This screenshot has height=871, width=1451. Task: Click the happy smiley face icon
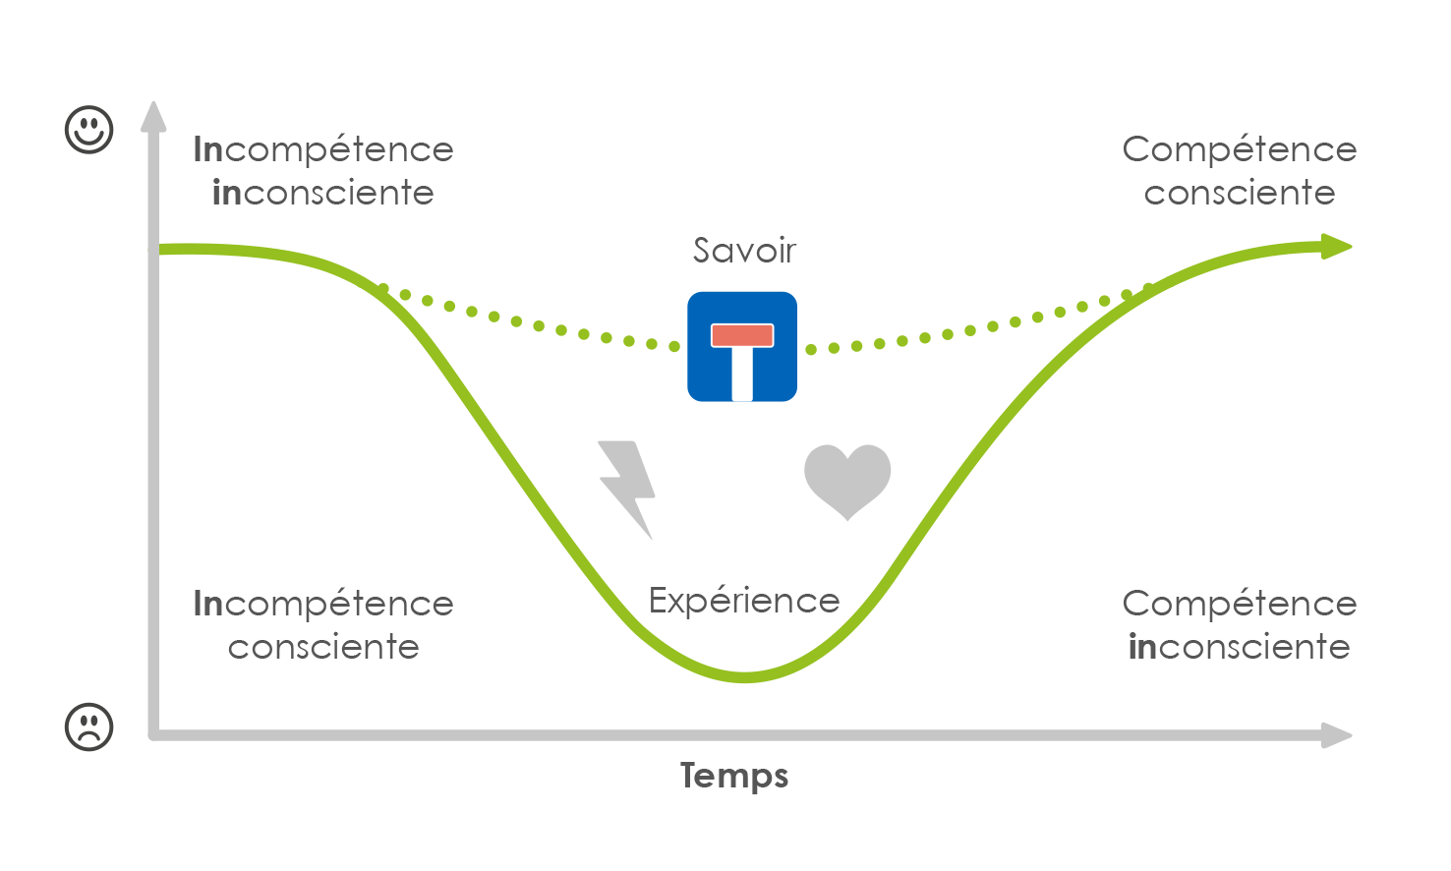point(89,130)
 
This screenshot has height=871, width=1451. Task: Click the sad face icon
point(89,726)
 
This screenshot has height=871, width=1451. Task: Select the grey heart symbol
point(847,480)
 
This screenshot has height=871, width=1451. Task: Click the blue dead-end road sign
point(742,346)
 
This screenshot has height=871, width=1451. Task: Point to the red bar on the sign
point(742,335)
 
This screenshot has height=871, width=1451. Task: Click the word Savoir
point(744,250)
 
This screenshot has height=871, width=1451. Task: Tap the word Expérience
point(744,601)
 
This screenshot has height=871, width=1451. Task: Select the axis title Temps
point(734,776)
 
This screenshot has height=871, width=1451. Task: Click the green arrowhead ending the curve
point(1336,246)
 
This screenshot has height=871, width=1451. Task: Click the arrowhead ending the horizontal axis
point(1336,735)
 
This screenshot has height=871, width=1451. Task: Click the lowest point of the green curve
point(744,677)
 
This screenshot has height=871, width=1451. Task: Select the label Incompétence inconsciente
point(323,171)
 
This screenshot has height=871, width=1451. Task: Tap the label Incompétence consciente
point(323,624)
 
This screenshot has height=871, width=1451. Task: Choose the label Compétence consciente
point(1240,171)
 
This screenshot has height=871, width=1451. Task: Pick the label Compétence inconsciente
point(1240,624)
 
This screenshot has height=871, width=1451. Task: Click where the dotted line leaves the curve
point(380,287)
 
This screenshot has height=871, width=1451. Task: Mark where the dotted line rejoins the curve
point(1148,288)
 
